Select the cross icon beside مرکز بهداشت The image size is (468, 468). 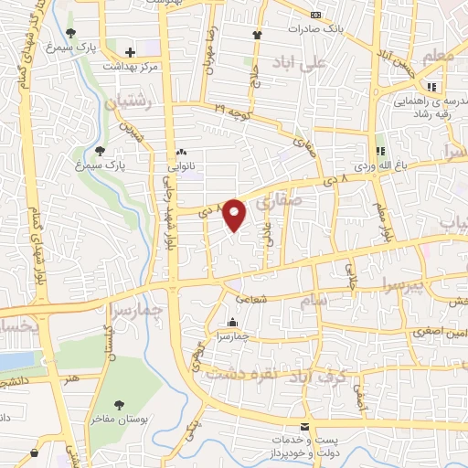[131, 52]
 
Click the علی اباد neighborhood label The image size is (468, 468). [299, 63]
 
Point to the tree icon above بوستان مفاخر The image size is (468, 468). [118, 403]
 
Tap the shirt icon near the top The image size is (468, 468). [257, 35]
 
